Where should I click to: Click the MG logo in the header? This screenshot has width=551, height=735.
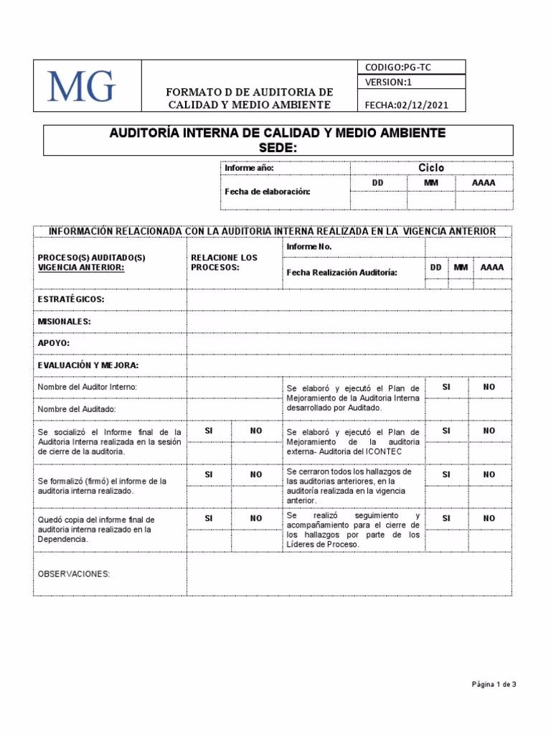point(82,87)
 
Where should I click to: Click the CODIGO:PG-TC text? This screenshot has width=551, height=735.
point(398,67)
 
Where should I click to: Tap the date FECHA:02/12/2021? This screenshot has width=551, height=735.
point(406,105)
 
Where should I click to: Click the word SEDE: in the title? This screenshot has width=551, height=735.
point(277,147)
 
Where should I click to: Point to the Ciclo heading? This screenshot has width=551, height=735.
point(431,168)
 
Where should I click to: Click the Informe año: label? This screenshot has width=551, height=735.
point(249,168)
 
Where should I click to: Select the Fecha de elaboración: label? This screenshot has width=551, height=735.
point(268,192)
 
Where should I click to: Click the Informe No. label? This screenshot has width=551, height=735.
point(309,247)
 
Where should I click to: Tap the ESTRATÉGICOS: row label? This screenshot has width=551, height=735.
point(71,299)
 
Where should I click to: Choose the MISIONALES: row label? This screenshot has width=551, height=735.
point(64,322)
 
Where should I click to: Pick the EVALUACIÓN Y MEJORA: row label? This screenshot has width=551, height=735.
point(88,365)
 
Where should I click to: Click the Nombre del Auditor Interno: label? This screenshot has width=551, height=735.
point(87,387)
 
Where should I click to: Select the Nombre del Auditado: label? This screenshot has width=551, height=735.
point(76,409)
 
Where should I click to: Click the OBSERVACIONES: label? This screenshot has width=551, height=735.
point(73,574)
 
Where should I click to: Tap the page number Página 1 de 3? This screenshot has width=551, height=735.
point(494,685)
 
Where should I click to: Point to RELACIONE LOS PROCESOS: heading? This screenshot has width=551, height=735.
point(224,262)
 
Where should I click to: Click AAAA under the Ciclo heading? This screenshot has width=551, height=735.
point(483,183)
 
